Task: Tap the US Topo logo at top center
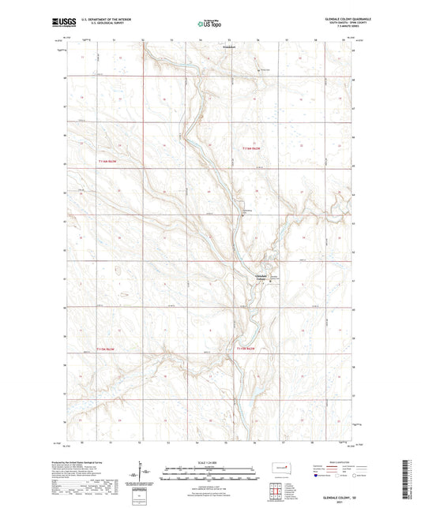coord(209,24)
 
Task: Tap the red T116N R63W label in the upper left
coord(98,162)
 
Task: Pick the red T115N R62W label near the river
coord(247,348)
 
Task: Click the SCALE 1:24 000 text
coord(210,462)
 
